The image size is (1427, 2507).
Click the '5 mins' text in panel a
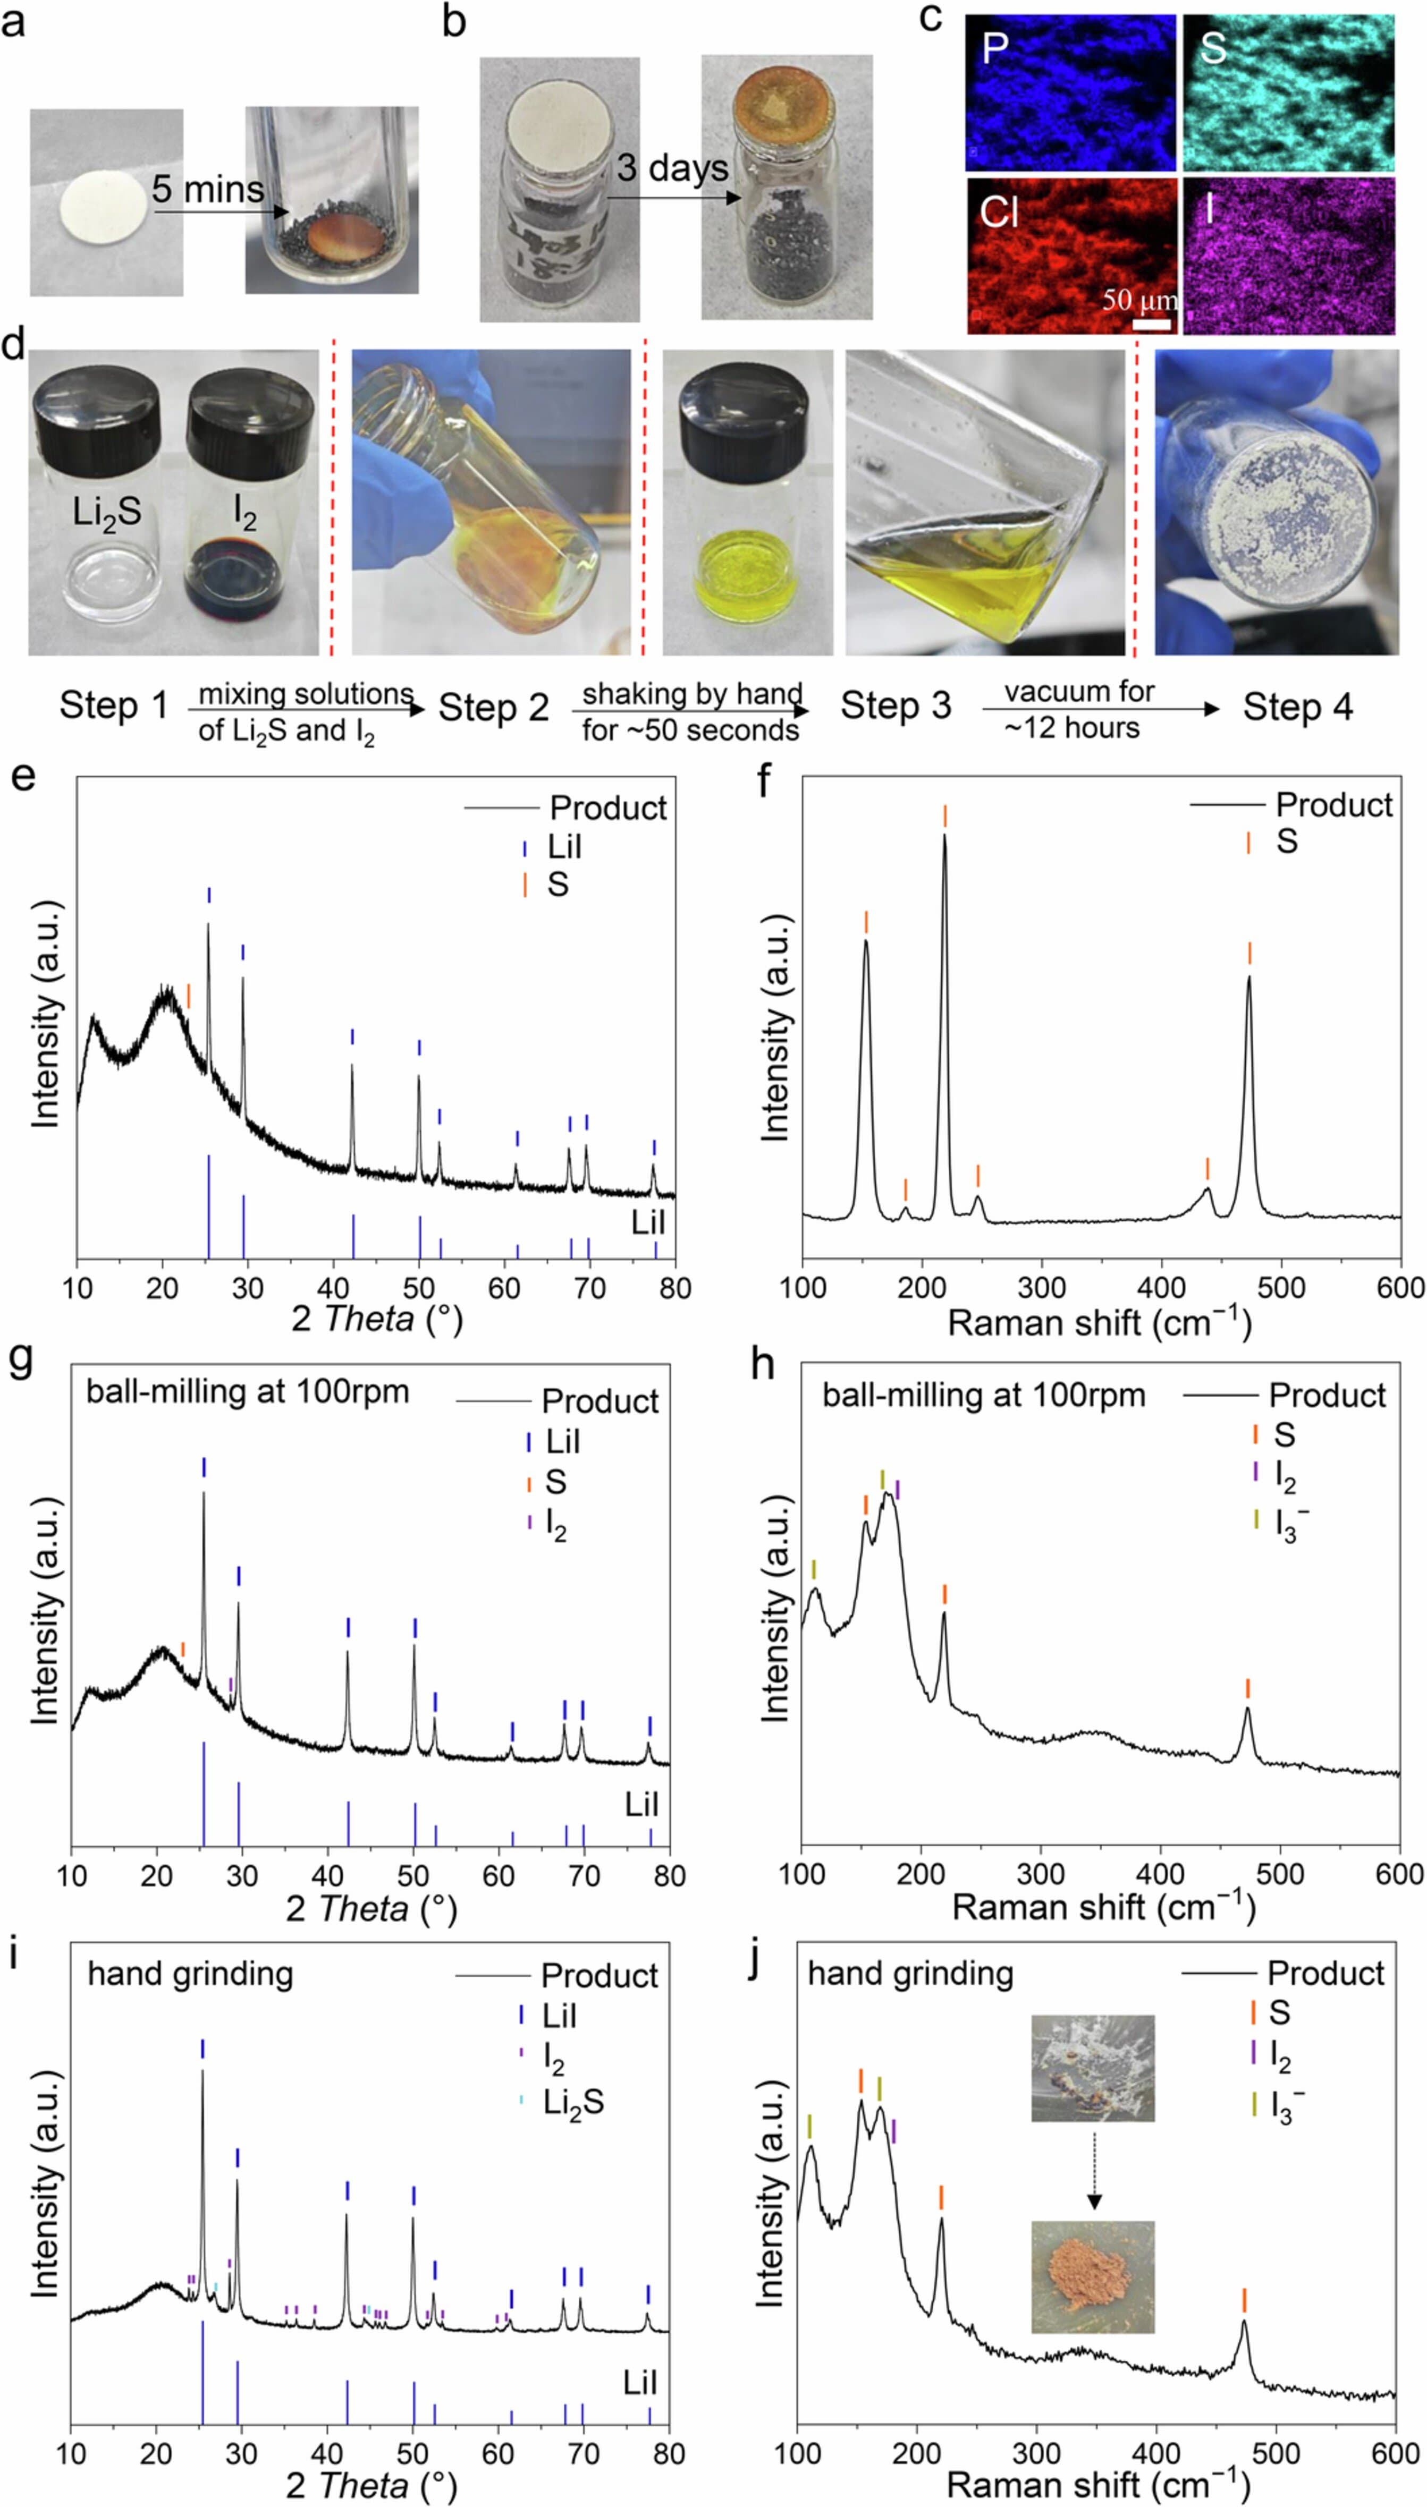[208, 189]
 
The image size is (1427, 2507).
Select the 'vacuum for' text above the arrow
[1078, 692]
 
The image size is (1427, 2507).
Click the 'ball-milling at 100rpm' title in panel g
[247, 1392]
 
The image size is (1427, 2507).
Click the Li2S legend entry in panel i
[572, 2102]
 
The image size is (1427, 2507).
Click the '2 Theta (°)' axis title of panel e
[376, 1319]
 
